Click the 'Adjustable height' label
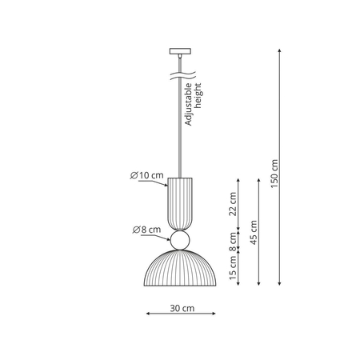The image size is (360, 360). pyautogui.click(x=194, y=104)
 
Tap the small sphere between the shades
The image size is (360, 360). pyautogui.click(x=180, y=240)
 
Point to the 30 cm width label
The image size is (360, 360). pyautogui.click(x=182, y=308)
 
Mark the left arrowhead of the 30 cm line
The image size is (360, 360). pyautogui.click(x=146, y=313)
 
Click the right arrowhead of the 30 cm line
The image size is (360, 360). pyautogui.click(x=215, y=313)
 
